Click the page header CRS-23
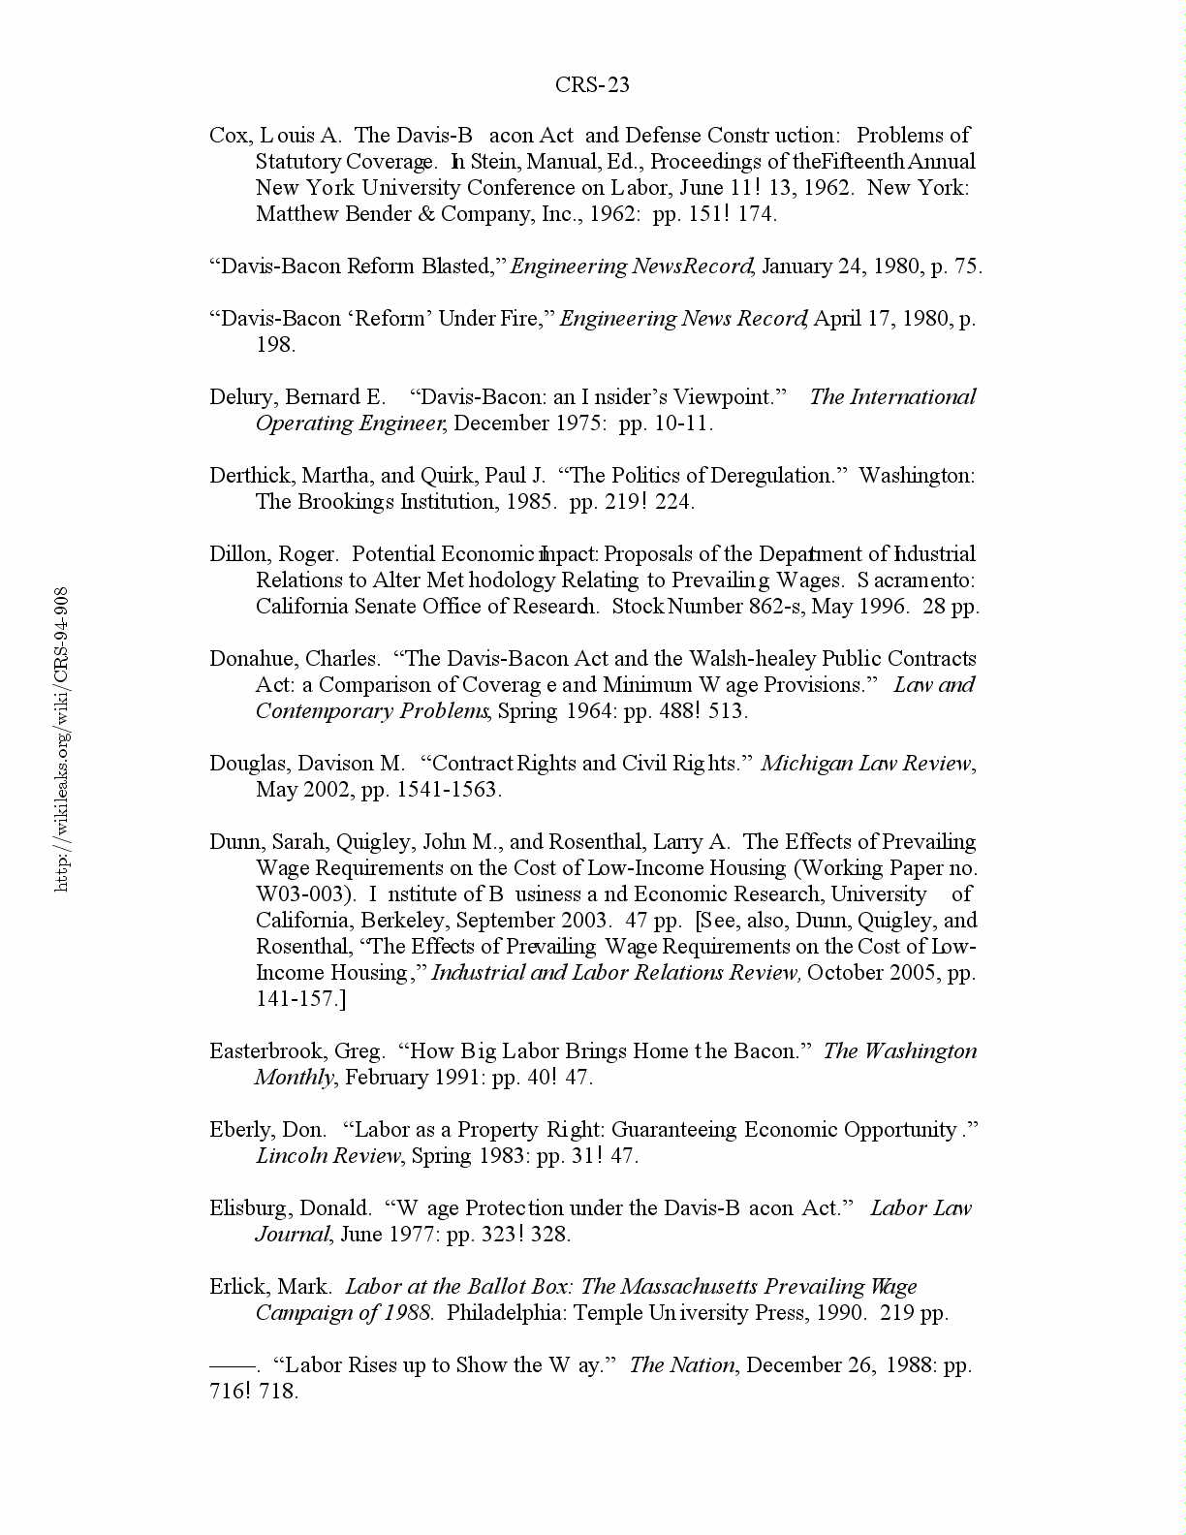pyautogui.click(x=592, y=85)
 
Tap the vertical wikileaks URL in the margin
pyautogui.click(x=61, y=738)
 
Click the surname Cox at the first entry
pyautogui.click(x=229, y=136)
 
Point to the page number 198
pyautogui.click(x=275, y=345)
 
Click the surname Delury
pyautogui.click(x=242, y=397)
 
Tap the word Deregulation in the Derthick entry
pyautogui.click(x=779, y=476)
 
